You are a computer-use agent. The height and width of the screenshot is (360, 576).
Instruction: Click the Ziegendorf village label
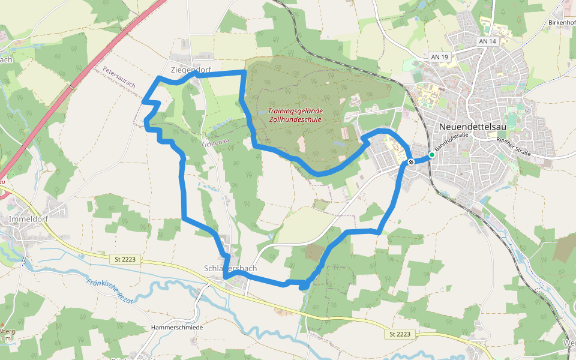pyautogui.click(x=191, y=70)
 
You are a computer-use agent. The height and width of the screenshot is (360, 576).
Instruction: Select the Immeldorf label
pyautogui.click(x=28, y=220)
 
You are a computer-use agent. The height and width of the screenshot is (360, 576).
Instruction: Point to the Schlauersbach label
pyautogui.click(x=230, y=268)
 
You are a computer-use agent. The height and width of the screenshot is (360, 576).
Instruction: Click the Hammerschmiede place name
pyautogui.click(x=178, y=328)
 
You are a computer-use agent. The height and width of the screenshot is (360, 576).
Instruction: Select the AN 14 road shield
pyautogui.click(x=488, y=41)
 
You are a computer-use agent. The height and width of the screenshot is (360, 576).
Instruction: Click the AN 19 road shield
pyautogui.click(x=440, y=57)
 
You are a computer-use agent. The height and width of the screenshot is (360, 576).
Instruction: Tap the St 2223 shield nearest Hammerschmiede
pyautogui.click(x=399, y=334)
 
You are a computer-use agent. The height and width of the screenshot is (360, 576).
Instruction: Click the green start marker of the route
pyautogui.click(x=431, y=155)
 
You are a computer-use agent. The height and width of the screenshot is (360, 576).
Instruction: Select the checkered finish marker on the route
pyautogui.click(x=411, y=161)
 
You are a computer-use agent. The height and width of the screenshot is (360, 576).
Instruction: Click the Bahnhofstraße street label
pyautogui.click(x=451, y=142)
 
